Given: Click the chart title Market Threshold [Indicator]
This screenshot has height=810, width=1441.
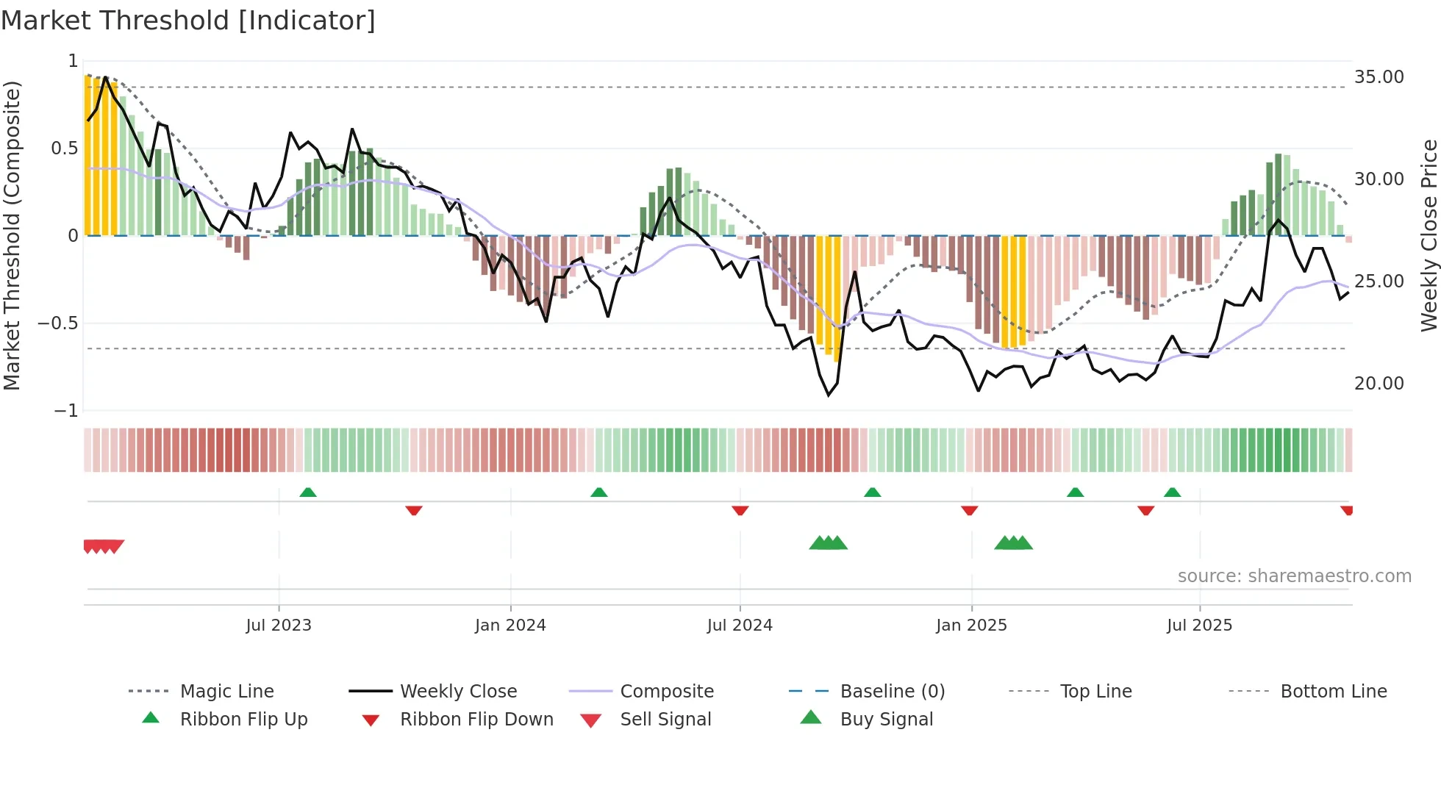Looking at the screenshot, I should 188,21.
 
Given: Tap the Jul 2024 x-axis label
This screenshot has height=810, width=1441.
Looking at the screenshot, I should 740,626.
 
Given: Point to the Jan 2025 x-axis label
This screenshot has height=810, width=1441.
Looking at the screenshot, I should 971,626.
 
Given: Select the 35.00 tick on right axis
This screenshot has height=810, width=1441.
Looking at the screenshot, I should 1379,77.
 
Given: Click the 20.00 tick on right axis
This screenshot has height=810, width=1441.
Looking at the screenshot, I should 1379,384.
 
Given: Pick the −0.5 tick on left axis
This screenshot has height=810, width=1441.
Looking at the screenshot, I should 58,323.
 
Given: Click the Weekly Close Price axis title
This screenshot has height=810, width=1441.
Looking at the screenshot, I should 1429,235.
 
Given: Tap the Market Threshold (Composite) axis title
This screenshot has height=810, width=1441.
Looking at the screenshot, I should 12,235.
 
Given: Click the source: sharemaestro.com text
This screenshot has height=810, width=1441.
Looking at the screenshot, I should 1294,576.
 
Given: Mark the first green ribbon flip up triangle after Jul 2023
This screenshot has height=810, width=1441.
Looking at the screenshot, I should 308,492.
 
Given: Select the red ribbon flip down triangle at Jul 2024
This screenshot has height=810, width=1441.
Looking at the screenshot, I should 740,510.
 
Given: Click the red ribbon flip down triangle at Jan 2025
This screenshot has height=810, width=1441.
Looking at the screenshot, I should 970,510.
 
